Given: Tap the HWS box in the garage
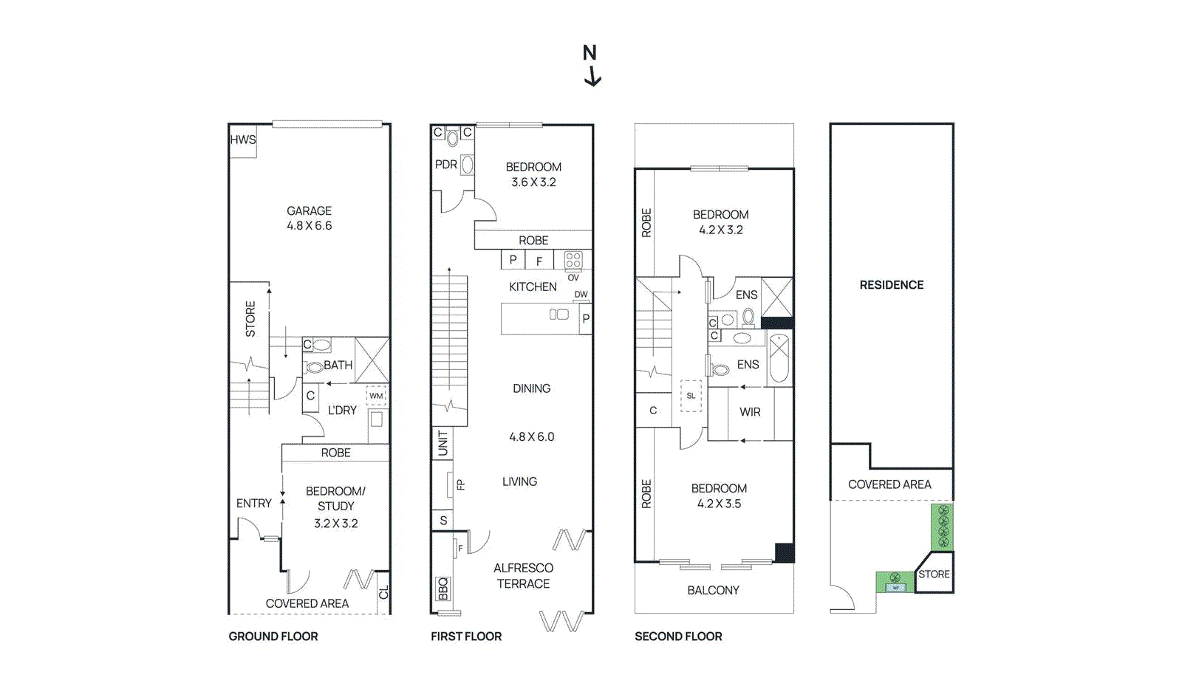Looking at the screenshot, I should tap(242, 140).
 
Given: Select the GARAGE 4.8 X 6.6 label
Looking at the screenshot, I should tap(309, 219).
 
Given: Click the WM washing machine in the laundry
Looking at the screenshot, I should tap(377, 396).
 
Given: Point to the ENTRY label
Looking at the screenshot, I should tap(253, 504).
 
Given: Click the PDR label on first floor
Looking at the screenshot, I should tap(445, 165).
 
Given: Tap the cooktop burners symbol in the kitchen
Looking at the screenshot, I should tap(573, 260).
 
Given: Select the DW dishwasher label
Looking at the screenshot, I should tap(581, 295).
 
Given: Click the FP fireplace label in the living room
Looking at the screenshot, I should tap(461, 485).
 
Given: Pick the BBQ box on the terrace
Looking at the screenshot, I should tap(443, 589).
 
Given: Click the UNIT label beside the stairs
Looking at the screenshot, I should tap(443, 443).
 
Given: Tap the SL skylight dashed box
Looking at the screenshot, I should tap(691, 396).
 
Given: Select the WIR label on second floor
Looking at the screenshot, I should tap(750, 412).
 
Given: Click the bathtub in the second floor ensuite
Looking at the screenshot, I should tap(779, 358).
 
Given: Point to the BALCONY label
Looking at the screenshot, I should tap(713, 590).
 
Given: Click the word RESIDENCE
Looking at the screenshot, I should tap(891, 285).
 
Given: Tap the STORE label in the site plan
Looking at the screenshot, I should tap(934, 574).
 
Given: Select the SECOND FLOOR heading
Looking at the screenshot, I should tap(678, 637).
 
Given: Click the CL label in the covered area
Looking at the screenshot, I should tap(383, 593).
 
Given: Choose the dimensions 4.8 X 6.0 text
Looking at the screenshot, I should tap(531, 437).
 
